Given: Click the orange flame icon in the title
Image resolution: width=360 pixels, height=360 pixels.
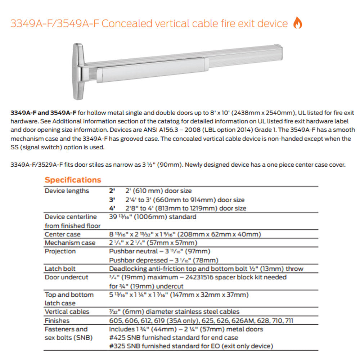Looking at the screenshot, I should [x=298, y=23].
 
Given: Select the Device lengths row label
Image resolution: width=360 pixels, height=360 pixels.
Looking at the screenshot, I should [x=67, y=191].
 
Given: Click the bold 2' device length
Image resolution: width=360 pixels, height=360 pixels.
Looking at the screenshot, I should [x=112, y=191].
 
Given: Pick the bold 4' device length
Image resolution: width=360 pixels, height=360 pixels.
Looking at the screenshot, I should [x=112, y=208].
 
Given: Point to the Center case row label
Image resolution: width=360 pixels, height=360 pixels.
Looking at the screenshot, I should [x=63, y=234].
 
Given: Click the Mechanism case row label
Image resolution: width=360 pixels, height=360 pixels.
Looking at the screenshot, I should [x=70, y=243].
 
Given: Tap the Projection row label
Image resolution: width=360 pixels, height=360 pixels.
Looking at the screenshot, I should [x=60, y=251].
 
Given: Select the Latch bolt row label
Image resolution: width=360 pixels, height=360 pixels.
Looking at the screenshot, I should [x=60, y=269].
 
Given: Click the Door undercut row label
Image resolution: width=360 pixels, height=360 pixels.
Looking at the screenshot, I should [x=66, y=277].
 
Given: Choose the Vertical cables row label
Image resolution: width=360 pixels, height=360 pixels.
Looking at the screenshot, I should [x=67, y=312].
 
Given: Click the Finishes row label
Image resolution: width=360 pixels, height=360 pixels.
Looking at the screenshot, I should [x=57, y=320].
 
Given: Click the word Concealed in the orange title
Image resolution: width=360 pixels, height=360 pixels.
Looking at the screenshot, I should [x=126, y=24].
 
